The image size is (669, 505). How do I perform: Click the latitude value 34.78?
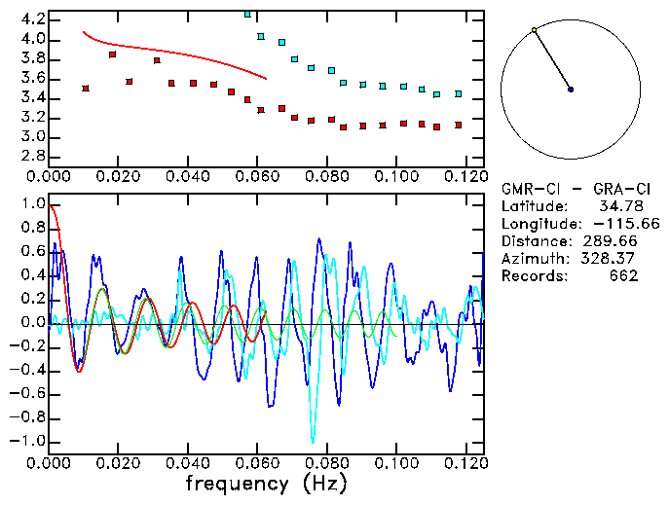click(x=614, y=206)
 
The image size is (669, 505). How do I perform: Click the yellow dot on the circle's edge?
click(x=534, y=30)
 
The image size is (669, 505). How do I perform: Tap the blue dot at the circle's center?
click(x=571, y=90)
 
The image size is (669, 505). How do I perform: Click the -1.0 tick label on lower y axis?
click(x=28, y=441)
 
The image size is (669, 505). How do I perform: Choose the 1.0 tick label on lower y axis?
click(x=32, y=205)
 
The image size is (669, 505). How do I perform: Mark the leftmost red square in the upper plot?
click(x=86, y=89)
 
